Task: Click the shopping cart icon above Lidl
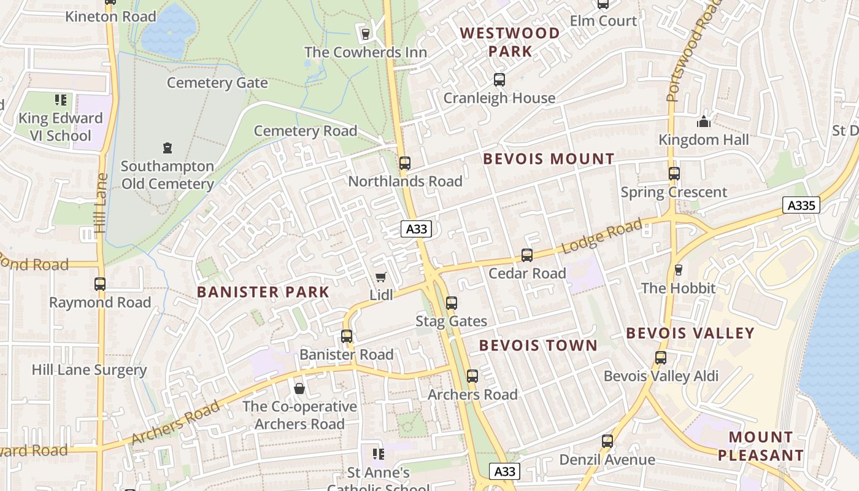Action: [381, 277]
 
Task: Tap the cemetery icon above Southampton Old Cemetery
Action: [167, 148]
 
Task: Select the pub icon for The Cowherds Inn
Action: [366, 34]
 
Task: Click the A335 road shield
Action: [801, 206]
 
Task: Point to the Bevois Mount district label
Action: [549, 159]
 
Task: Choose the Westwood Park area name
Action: [510, 42]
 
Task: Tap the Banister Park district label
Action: [263, 292]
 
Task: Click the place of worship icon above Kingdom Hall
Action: [704, 122]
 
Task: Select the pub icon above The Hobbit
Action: [678, 270]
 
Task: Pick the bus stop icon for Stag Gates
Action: [452, 303]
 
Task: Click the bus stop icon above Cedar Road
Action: [526, 255]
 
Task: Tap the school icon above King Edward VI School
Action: [60, 99]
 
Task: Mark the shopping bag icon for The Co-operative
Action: [299, 389]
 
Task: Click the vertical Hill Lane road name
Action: [101, 203]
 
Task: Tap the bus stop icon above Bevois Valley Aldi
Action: [661, 358]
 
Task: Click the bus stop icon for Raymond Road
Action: [100, 284]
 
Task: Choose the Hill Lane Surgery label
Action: [89, 370]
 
